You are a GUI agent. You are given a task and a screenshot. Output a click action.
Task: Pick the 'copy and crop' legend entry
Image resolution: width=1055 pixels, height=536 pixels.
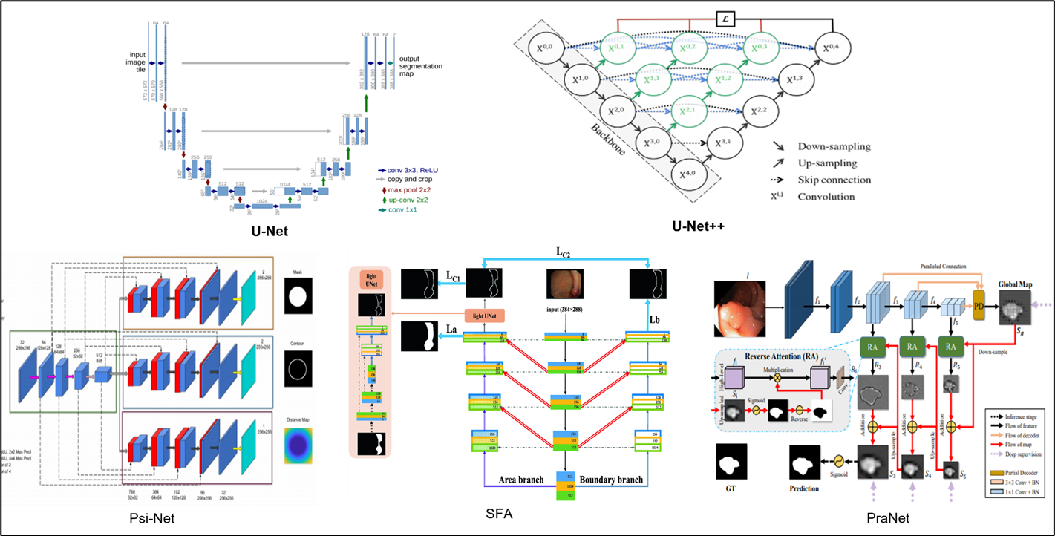(408, 180)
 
